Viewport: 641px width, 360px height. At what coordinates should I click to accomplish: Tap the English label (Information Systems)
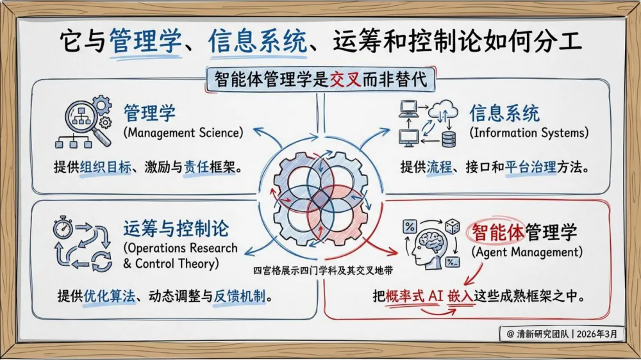529,133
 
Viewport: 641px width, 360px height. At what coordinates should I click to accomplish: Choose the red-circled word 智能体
496,232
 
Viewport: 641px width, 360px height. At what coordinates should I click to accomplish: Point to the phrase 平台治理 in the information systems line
527,168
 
